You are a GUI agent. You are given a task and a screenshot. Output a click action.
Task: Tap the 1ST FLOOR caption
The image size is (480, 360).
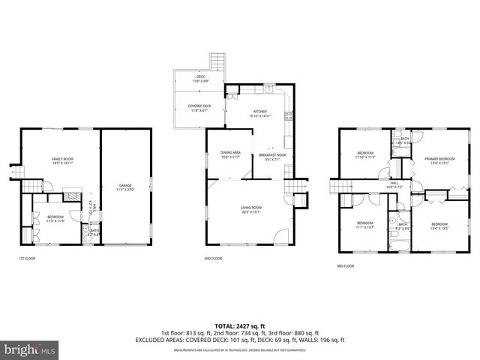click(x=27, y=258)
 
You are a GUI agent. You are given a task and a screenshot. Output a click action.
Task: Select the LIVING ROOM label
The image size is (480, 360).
click(x=251, y=209)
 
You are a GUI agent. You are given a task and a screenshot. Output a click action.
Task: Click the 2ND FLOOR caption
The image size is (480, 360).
click(x=212, y=258)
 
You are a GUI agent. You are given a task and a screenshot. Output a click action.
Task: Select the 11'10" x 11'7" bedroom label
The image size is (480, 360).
click(x=365, y=155)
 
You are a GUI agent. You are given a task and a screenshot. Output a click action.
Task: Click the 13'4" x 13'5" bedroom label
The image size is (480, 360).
click(x=439, y=226)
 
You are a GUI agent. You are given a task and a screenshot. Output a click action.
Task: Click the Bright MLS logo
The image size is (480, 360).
click(x=30, y=349)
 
